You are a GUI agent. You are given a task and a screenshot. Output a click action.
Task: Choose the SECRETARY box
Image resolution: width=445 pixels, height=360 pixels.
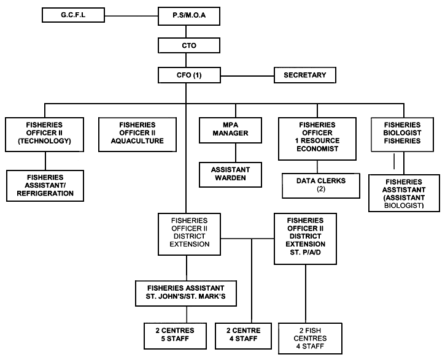[304, 75]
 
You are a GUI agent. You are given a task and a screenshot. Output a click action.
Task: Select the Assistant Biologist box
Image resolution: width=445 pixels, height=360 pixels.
[404, 193]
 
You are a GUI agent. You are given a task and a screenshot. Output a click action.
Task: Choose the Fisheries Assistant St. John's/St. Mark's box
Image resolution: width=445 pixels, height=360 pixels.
[186, 293]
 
